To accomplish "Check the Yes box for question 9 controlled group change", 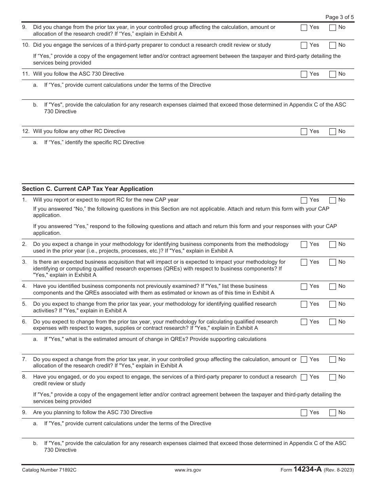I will (x=304, y=28).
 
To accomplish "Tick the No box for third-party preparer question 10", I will (x=333, y=46).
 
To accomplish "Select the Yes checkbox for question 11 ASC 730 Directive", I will (x=304, y=74).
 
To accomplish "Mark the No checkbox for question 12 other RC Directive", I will (x=333, y=131).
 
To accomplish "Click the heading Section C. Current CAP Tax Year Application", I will (x=87, y=189).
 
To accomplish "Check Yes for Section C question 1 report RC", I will (x=304, y=200).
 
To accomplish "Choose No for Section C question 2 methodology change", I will (x=333, y=245).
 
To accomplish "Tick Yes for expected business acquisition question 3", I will (x=304, y=263).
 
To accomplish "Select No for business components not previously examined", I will (x=333, y=287).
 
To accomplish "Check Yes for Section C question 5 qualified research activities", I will (x=304, y=304).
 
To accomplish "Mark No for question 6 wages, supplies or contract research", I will (x=333, y=322).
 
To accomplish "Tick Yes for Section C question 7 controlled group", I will (x=304, y=360).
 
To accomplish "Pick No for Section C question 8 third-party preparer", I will (x=333, y=377).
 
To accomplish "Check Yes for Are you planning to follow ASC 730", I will (x=304, y=413).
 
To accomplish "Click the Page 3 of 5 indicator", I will (x=339, y=17).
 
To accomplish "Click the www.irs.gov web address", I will (x=188, y=470).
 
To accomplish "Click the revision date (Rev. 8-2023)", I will (x=339, y=470).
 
